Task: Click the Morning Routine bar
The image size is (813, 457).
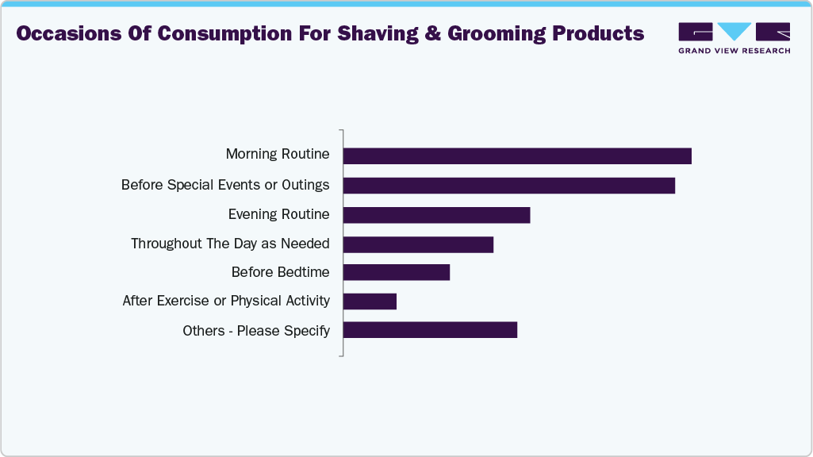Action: (517, 156)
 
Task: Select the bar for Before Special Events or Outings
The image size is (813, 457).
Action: (508, 186)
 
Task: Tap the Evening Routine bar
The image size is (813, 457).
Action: (436, 215)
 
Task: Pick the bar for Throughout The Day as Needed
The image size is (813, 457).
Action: (418, 244)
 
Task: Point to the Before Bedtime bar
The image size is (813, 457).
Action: (396, 273)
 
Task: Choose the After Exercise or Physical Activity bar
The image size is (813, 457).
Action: (370, 301)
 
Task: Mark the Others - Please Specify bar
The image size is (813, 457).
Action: (430, 330)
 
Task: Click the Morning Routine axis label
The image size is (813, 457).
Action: (278, 154)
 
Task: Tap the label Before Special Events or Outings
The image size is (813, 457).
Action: (225, 185)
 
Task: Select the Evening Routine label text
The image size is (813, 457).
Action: (278, 214)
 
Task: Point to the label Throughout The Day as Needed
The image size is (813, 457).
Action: (230, 244)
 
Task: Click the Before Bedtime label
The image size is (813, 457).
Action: (280, 272)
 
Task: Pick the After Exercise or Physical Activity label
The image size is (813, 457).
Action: (226, 301)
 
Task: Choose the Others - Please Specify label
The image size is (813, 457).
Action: (256, 330)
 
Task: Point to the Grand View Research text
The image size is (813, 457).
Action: (734, 51)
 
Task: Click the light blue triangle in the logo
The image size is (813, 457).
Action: (734, 31)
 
